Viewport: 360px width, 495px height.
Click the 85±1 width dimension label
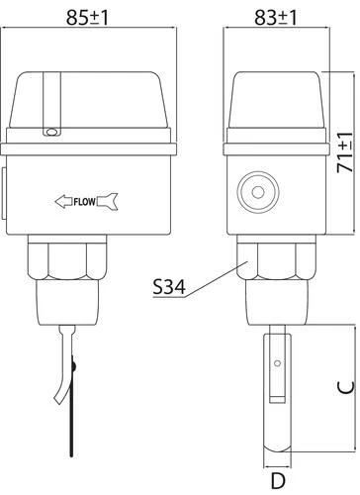pyautogui.click(x=87, y=18)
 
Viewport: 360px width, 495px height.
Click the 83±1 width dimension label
pyautogui.click(x=276, y=18)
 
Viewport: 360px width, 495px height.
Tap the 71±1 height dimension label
pyautogui.click(x=345, y=152)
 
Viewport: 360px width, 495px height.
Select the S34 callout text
pyautogui.click(x=169, y=287)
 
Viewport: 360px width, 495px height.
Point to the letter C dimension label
pyautogui.click(x=346, y=387)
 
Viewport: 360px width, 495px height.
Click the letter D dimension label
pyautogui.click(x=278, y=481)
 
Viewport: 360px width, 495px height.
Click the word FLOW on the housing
pyautogui.click(x=84, y=202)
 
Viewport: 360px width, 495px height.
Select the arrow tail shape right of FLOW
pyautogui.click(x=108, y=201)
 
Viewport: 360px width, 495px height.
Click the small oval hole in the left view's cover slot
pyautogui.click(x=51, y=132)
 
